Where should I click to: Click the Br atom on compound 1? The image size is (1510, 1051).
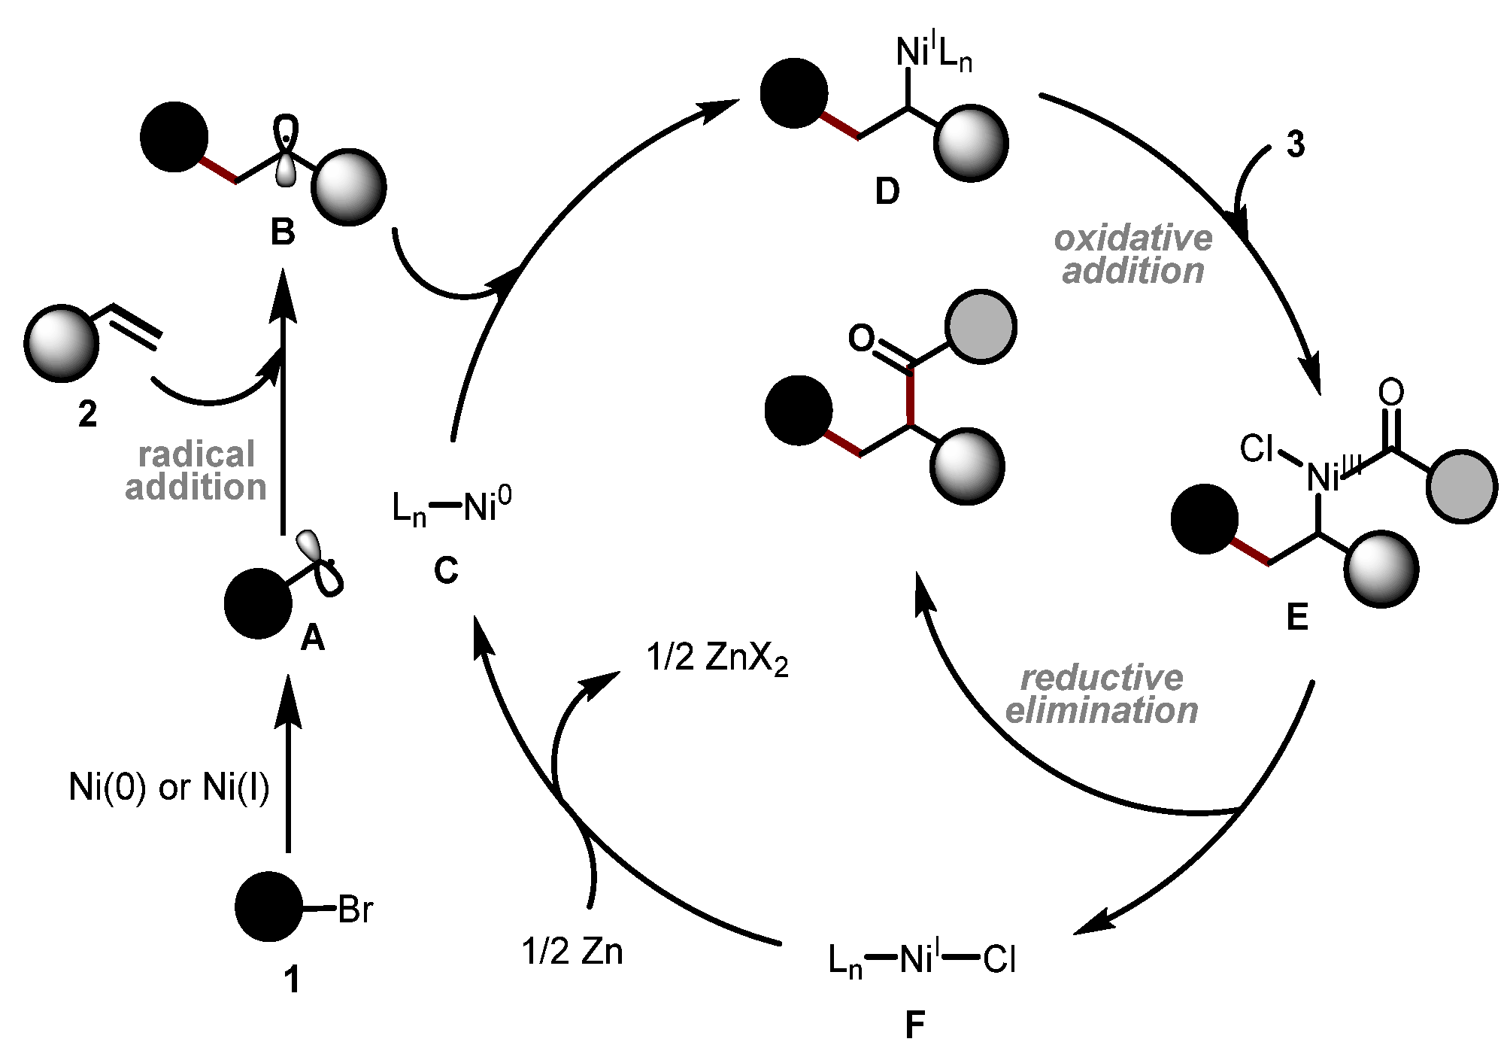point(355,910)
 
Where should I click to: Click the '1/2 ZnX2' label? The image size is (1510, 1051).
point(717,661)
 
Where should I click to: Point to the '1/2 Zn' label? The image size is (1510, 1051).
point(572,952)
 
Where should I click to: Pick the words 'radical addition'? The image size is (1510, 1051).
point(196,471)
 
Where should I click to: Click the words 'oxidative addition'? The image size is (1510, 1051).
point(1133,255)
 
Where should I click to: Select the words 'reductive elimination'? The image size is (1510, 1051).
point(1102,694)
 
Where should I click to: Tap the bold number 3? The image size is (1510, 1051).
point(1295,146)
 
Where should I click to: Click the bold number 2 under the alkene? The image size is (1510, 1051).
point(88,414)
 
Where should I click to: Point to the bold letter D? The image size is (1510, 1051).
point(887,193)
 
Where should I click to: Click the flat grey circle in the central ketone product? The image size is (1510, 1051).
point(981,327)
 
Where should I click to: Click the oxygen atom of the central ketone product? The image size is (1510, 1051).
point(862,339)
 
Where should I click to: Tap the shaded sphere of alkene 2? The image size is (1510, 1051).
point(62,342)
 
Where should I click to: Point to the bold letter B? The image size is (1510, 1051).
point(283,234)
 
